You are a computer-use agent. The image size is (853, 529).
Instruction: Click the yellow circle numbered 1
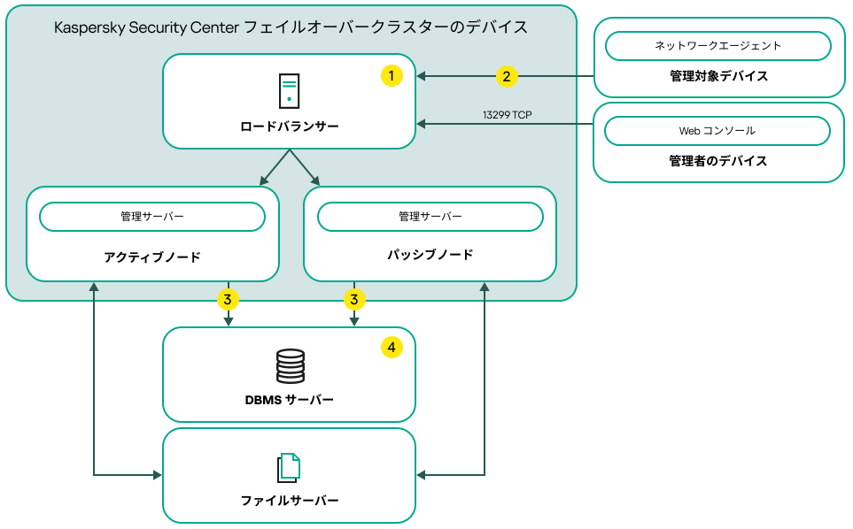pyautogui.click(x=392, y=76)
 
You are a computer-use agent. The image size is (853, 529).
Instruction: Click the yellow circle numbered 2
pyautogui.click(x=506, y=76)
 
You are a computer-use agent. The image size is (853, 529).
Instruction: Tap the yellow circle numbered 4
pyautogui.click(x=392, y=348)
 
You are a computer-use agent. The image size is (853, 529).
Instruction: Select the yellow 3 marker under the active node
pyautogui.click(x=228, y=300)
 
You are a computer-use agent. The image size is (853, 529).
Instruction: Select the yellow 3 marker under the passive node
pyautogui.click(x=354, y=300)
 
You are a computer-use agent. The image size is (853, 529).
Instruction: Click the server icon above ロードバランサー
pyautogui.click(x=289, y=91)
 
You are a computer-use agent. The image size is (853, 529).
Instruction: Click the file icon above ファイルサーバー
pyautogui.click(x=289, y=468)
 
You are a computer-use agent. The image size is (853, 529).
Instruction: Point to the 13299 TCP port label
pyautogui.click(x=507, y=115)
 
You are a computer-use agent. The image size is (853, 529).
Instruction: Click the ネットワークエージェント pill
pyautogui.click(x=717, y=45)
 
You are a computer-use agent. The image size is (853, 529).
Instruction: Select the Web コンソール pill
pyautogui.click(x=717, y=130)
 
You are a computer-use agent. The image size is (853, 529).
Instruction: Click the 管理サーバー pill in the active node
pyautogui.click(x=152, y=216)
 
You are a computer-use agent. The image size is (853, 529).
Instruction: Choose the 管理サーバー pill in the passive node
pyautogui.click(x=430, y=216)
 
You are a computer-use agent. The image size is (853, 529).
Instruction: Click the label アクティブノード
pyautogui.click(x=152, y=257)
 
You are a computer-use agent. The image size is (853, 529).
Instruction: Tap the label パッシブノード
pyautogui.click(x=430, y=255)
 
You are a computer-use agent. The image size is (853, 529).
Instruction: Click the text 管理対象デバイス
pyautogui.click(x=718, y=76)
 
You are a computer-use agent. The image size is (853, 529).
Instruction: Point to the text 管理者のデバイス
pyautogui.click(x=718, y=161)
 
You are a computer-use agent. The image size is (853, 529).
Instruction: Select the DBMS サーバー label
pyautogui.click(x=289, y=400)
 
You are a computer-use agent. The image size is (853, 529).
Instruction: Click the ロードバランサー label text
pyautogui.click(x=289, y=126)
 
